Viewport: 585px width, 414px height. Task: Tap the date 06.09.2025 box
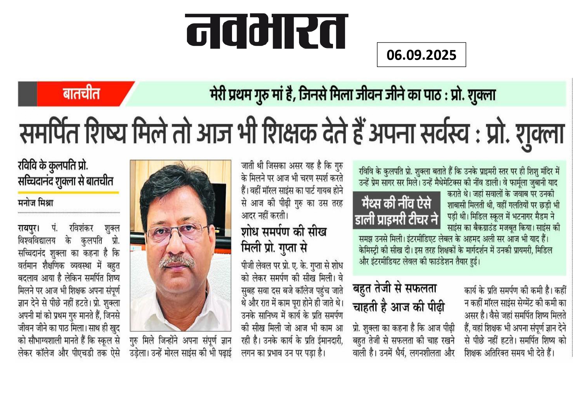tap(421, 55)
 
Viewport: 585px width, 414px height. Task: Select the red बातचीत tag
tap(81, 94)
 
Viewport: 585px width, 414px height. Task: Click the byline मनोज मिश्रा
tap(36, 203)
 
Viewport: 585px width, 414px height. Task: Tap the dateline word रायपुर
tap(28, 228)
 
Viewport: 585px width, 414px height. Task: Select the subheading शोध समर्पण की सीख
tap(284, 232)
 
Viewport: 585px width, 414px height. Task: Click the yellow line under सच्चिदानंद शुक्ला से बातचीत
tap(68, 192)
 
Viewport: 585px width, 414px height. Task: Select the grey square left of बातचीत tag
tap(27, 94)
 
